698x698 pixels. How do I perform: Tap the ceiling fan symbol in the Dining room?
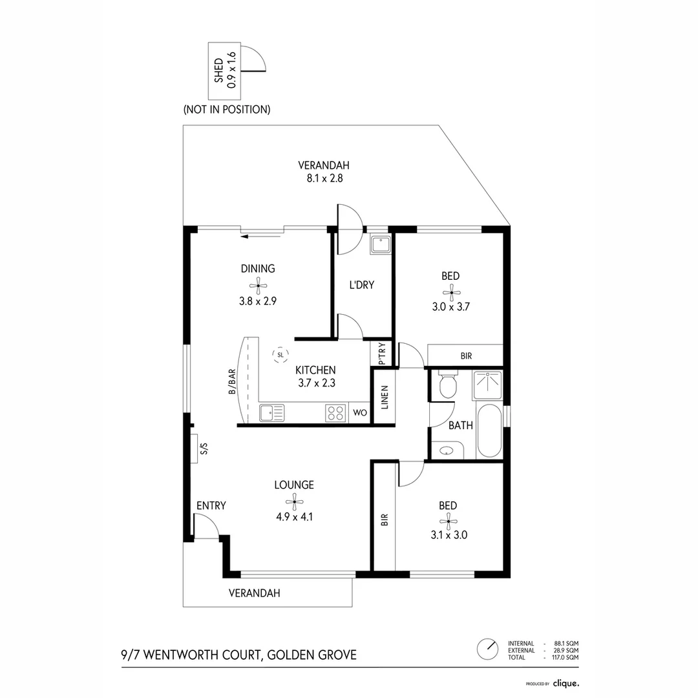(x=258, y=285)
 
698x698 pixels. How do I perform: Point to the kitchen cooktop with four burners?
(x=335, y=413)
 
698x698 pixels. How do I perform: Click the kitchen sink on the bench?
(x=272, y=412)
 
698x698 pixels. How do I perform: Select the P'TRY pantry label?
(x=382, y=354)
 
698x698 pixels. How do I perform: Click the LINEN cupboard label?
(x=385, y=397)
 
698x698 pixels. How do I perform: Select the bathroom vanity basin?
(x=447, y=450)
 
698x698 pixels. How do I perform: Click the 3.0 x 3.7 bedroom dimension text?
(x=450, y=308)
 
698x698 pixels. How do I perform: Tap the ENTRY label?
(x=211, y=505)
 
